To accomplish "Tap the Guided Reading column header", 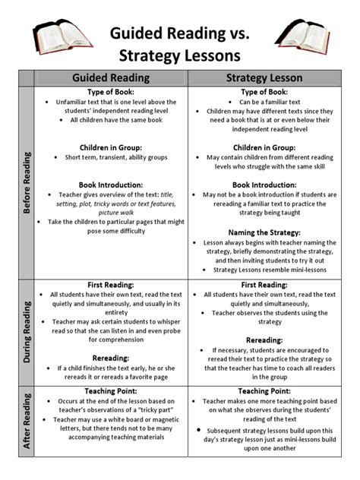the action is click(x=112, y=77).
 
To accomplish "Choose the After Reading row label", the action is click(x=27, y=431).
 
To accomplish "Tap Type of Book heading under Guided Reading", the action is click(x=112, y=91).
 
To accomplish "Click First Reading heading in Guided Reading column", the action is click(x=112, y=286).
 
